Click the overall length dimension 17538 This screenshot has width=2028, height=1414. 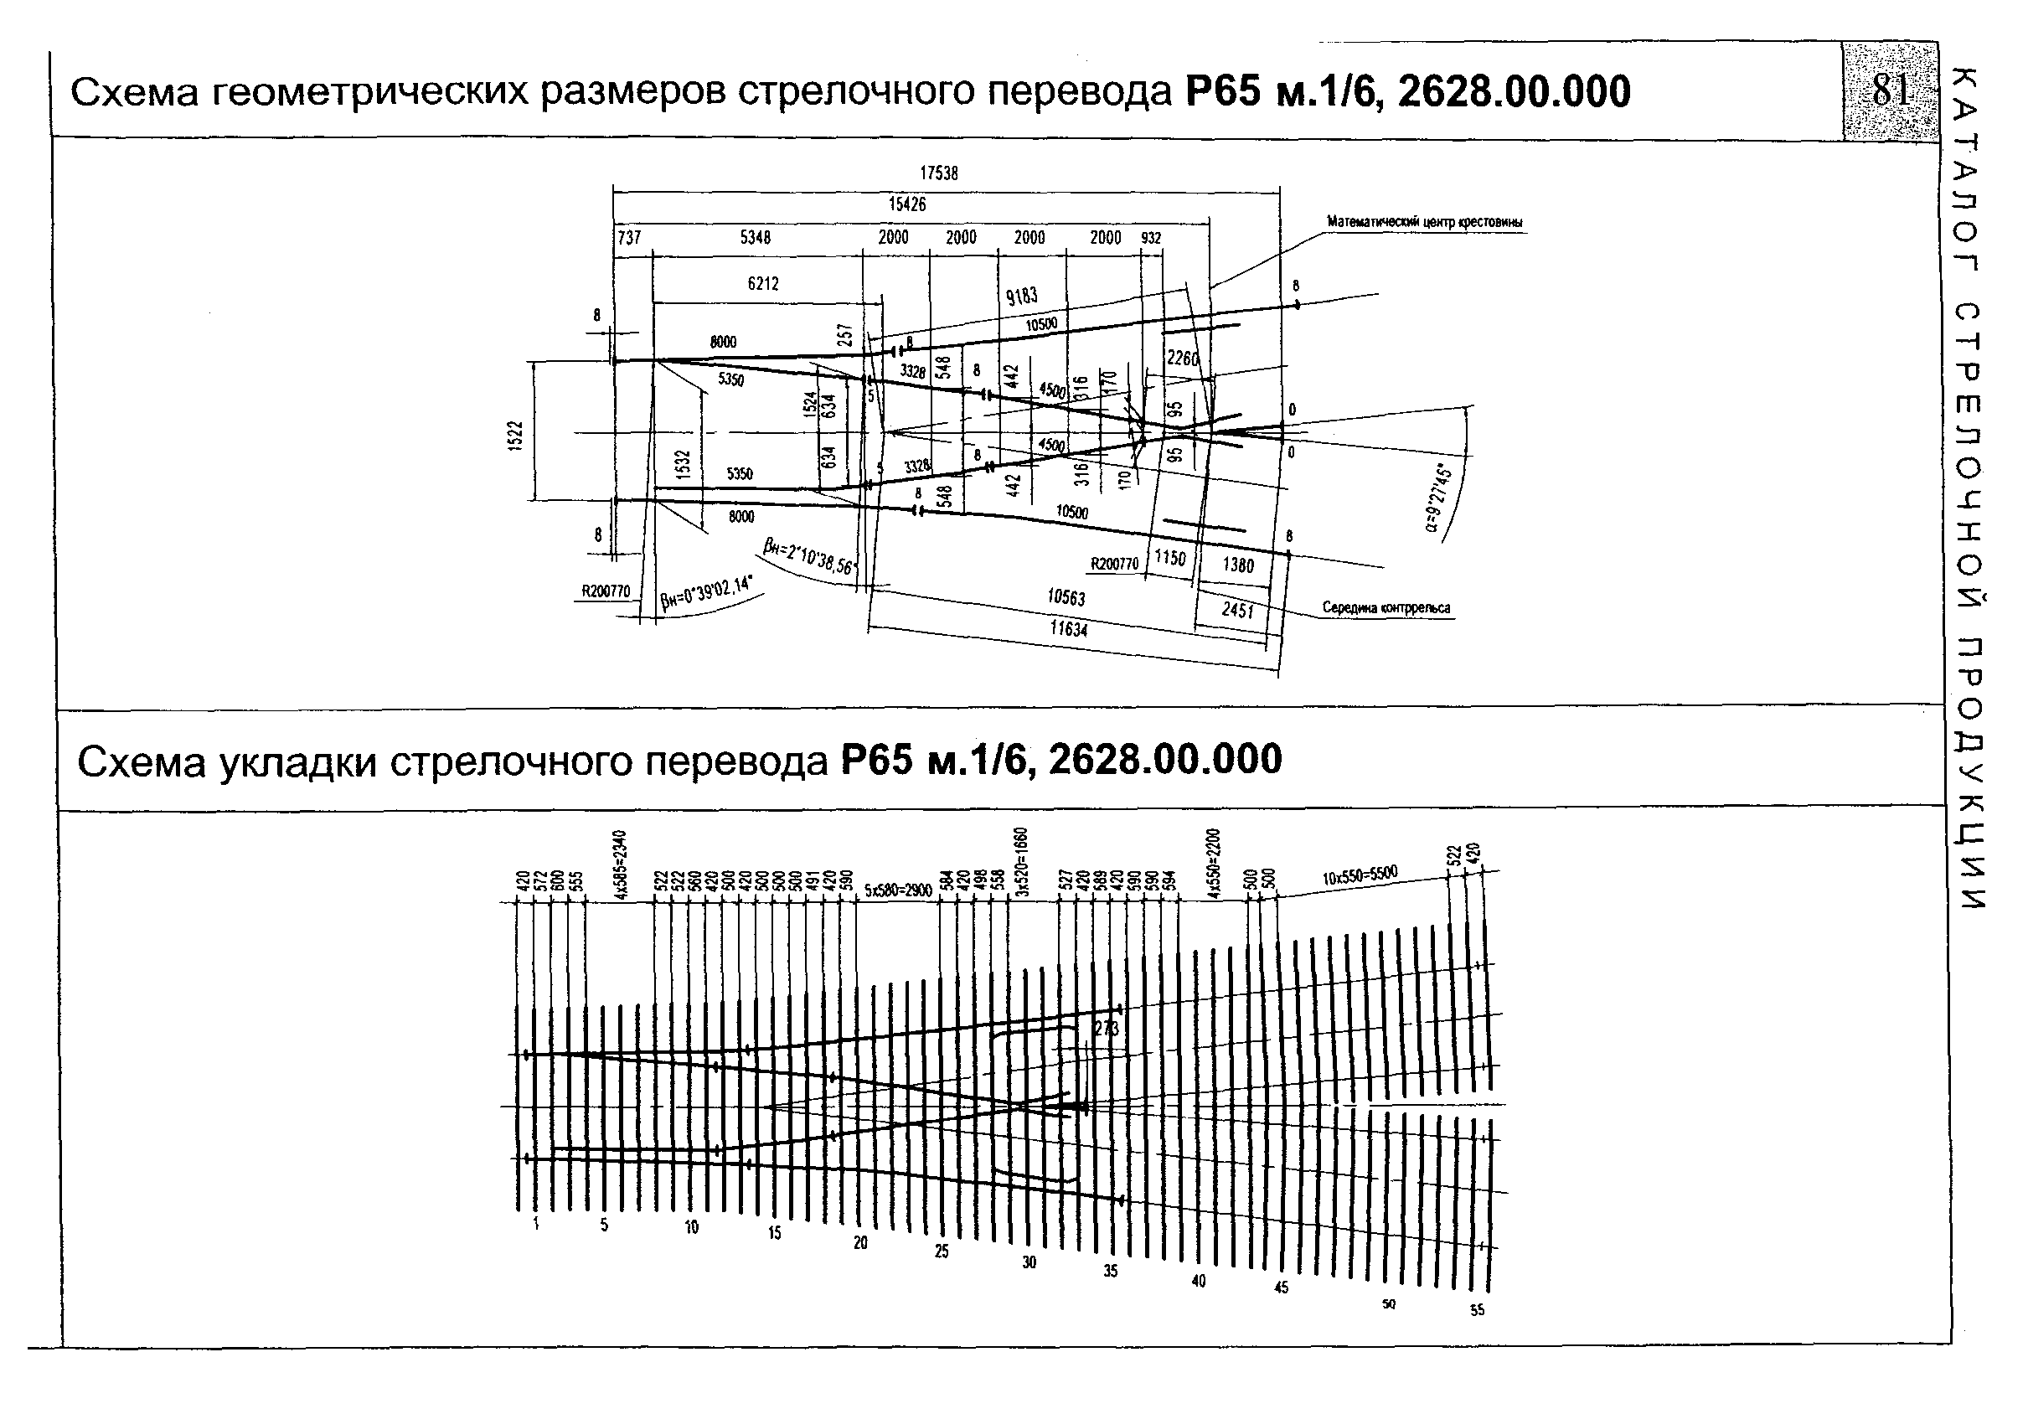point(938,174)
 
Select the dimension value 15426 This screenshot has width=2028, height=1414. point(907,205)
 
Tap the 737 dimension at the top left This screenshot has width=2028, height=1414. point(629,238)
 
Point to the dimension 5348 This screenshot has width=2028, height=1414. point(756,238)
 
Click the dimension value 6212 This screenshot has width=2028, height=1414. point(763,283)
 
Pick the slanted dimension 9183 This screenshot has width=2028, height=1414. point(1022,296)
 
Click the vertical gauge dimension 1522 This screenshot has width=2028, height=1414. point(517,436)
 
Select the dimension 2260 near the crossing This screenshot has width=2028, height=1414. point(1183,359)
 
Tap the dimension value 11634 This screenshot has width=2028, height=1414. point(1069,629)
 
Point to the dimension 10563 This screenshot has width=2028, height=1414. point(1066,598)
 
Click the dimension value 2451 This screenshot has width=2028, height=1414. point(1237,609)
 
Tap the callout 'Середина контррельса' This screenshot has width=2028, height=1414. point(1386,607)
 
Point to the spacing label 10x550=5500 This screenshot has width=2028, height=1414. point(1360,875)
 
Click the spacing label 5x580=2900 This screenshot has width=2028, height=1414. point(898,890)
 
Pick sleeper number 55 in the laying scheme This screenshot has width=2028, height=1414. point(1477,1311)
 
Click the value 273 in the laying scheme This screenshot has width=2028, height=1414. point(1106,1028)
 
